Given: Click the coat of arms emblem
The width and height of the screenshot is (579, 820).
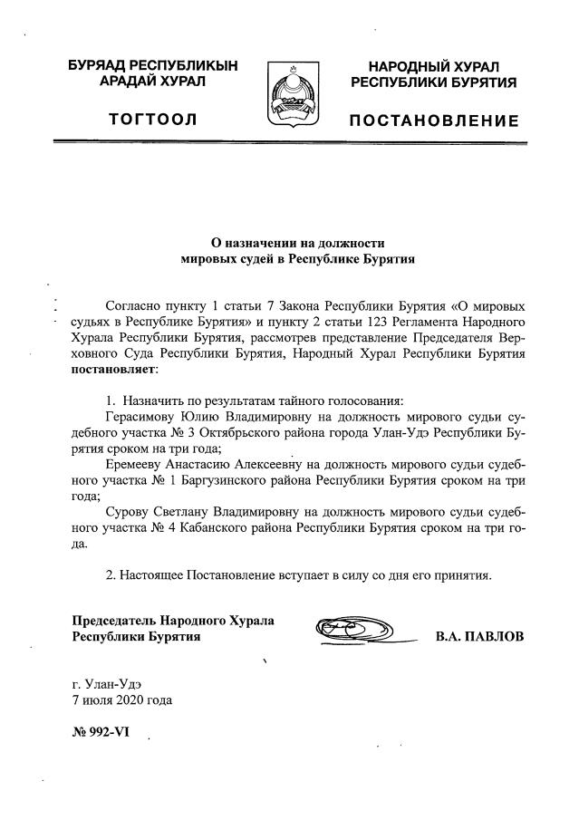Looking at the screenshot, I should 292,94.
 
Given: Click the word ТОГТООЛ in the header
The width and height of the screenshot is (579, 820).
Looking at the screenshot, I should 152,120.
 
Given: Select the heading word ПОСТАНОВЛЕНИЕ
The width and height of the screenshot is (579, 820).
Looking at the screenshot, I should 434,121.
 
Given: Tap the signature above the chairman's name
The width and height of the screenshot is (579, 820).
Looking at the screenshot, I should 354,628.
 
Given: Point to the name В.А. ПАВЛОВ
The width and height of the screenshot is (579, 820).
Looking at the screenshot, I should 479,636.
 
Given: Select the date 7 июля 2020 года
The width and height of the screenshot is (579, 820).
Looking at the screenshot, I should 121,699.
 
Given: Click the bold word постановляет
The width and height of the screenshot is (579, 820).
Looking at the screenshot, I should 114,370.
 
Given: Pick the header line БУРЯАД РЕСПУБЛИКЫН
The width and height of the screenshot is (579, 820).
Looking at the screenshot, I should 152,66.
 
